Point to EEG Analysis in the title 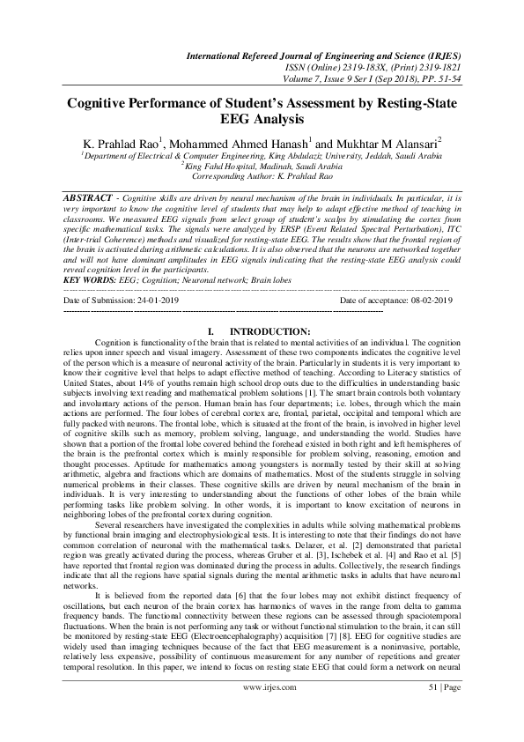coord(261,118)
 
